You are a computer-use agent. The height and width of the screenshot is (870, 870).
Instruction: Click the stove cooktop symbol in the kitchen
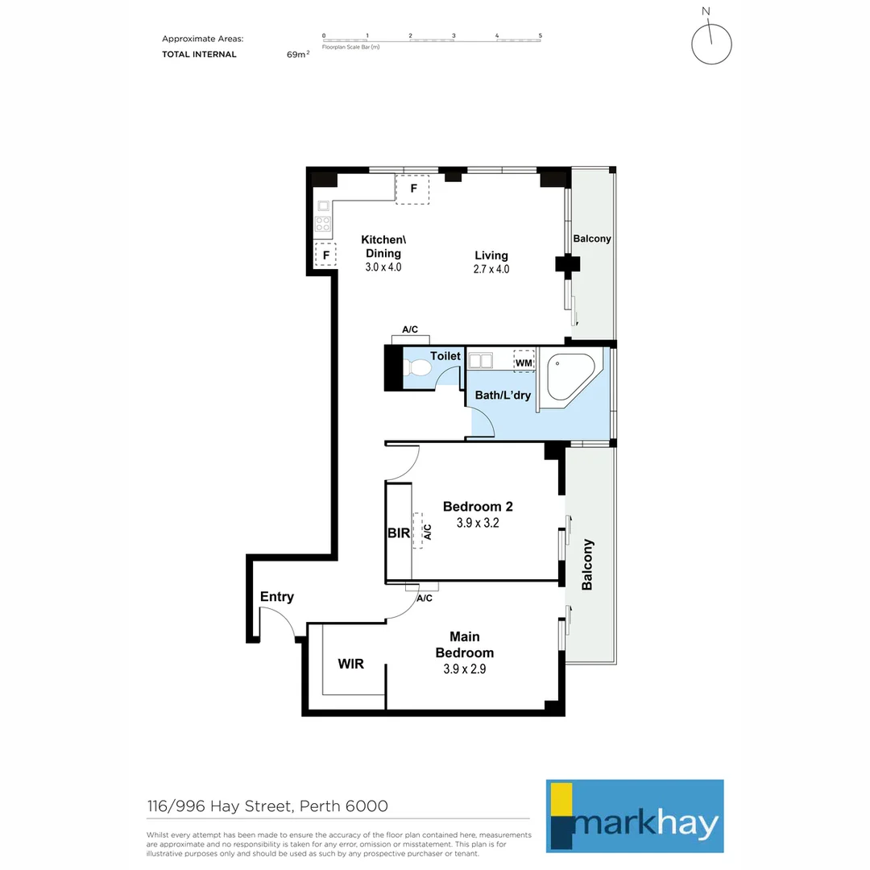pyautogui.click(x=323, y=224)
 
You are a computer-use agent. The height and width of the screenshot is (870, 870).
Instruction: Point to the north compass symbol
pyautogui.click(x=711, y=43)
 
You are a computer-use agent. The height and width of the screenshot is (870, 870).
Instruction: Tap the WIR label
pyautogui.click(x=350, y=665)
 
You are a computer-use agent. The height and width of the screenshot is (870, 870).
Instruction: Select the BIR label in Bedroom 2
pyautogui.click(x=399, y=532)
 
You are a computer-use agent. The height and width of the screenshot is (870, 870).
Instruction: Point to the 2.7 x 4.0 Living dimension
pyautogui.click(x=491, y=270)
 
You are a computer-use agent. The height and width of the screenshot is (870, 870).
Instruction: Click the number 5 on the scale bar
pyautogui.click(x=541, y=35)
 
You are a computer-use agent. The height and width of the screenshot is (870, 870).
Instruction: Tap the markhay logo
pyautogui.click(x=635, y=816)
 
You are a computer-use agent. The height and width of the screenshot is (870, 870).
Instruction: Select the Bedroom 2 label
pyautogui.click(x=478, y=507)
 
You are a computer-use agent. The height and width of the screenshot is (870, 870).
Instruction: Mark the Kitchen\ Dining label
pyautogui.click(x=383, y=246)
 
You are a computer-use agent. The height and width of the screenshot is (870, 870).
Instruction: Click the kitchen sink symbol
pyautogui.click(x=323, y=205)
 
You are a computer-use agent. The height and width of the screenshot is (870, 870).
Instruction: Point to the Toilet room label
pyautogui.click(x=445, y=356)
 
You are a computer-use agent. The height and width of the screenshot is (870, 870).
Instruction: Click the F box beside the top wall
pyautogui.click(x=412, y=189)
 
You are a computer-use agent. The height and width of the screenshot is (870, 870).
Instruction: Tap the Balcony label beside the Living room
pyautogui.click(x=592, y=239)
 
